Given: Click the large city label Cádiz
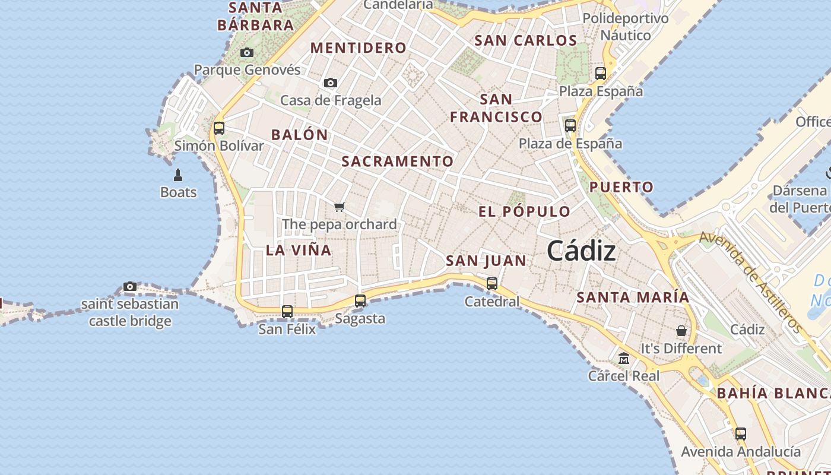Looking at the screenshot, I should click(581, 251).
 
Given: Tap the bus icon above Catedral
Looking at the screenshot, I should click(492, 284).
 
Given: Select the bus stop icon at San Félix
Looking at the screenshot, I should click(287, 311).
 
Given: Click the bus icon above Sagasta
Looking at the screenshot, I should click(360, 301).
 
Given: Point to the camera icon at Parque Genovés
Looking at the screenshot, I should click(247, 53).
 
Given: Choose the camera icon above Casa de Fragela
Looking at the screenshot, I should click(331, 83).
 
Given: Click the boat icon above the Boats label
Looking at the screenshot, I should click(177, 175).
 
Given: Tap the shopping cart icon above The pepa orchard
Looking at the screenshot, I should click(339, 207).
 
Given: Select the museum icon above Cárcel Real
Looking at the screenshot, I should click(624, 358).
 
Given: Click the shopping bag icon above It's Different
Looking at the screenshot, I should click(681, 330).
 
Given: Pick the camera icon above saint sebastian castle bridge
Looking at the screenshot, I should click(130, 287).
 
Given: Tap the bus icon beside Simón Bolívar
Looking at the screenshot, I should click(219, 128).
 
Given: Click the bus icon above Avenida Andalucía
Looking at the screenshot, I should click(741, 434).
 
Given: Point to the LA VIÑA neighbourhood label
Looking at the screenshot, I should click(299, 250).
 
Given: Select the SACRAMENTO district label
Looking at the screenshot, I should click(397, 161).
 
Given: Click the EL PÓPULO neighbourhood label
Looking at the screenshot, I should click(524, 211).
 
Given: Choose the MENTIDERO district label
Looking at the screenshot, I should click(359, 48).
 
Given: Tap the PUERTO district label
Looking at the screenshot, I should click(621, 187).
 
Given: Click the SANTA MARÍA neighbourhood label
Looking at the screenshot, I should click(633, 297).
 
